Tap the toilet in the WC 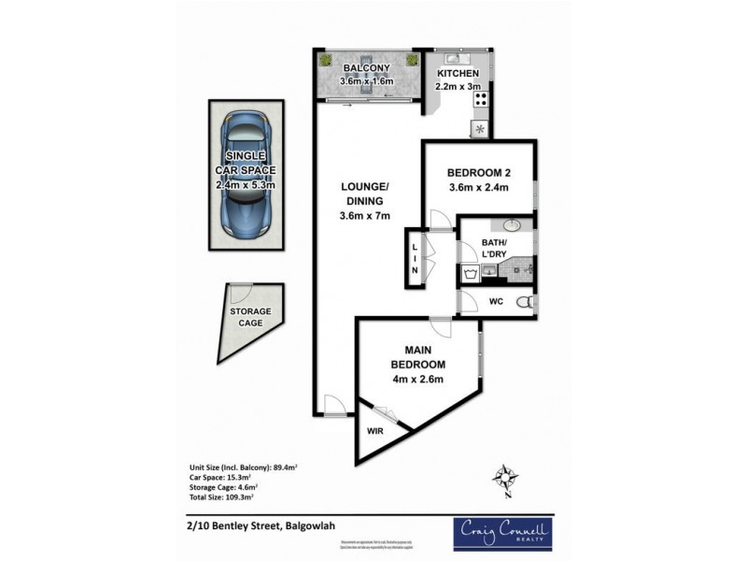527,302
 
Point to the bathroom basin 513,226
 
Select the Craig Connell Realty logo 502,532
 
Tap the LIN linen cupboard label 415,258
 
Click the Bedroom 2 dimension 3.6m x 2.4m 478,188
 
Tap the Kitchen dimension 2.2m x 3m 457,87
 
